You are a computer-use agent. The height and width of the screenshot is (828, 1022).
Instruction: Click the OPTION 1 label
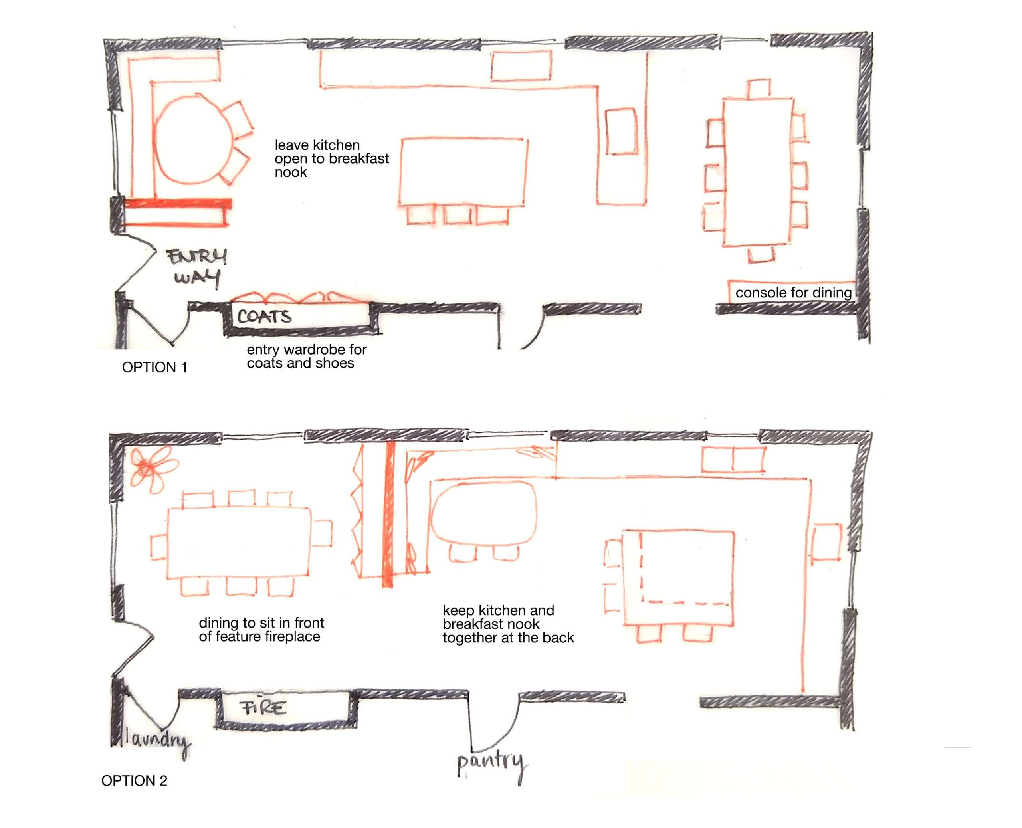coord(154,367)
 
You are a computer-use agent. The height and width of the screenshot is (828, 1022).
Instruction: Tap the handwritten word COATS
coord(264,317)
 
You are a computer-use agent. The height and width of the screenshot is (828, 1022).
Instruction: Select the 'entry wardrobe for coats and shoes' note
coord(306,356)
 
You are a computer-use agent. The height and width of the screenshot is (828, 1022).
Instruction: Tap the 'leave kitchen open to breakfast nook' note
coord(331,158)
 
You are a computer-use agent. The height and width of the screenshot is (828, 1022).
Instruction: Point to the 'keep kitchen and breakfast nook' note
coord(508,624)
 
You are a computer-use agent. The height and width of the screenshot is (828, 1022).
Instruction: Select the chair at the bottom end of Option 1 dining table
coord(761,255)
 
